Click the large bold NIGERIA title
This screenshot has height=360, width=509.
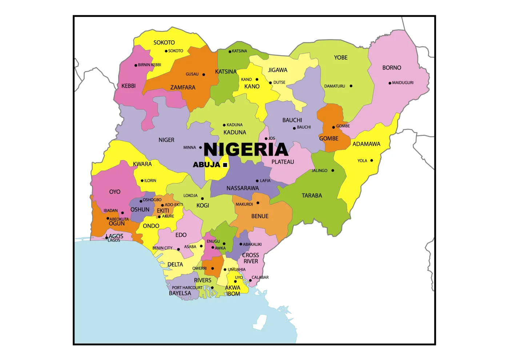click(246, 149)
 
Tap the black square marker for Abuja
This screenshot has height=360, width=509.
click(225, 165)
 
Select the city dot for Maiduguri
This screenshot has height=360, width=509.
click(390, 83)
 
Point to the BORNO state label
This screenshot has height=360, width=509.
click(392, 68)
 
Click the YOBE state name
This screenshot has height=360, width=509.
click(341, 57)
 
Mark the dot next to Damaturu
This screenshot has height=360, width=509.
click(351, 86)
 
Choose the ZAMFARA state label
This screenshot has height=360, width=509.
click(183, 88)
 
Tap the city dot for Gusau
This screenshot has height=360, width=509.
click(204, 75)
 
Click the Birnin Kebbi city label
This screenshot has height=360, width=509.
click(149, 65)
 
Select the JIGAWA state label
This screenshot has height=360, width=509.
click(277, 70)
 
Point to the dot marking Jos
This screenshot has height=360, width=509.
click(266, 139)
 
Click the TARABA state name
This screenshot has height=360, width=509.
click(312, 196)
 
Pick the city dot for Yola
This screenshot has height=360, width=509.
click(372, 160)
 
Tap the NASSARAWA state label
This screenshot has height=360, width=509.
click(243, 188)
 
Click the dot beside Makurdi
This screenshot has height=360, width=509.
click(258, 203)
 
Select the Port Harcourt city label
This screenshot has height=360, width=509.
click(187, 288)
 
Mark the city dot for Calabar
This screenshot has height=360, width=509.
click(250, 280)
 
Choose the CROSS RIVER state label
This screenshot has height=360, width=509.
click(251, 258)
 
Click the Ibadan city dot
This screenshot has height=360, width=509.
click(123, 213)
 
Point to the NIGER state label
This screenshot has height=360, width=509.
click(166, 140)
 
